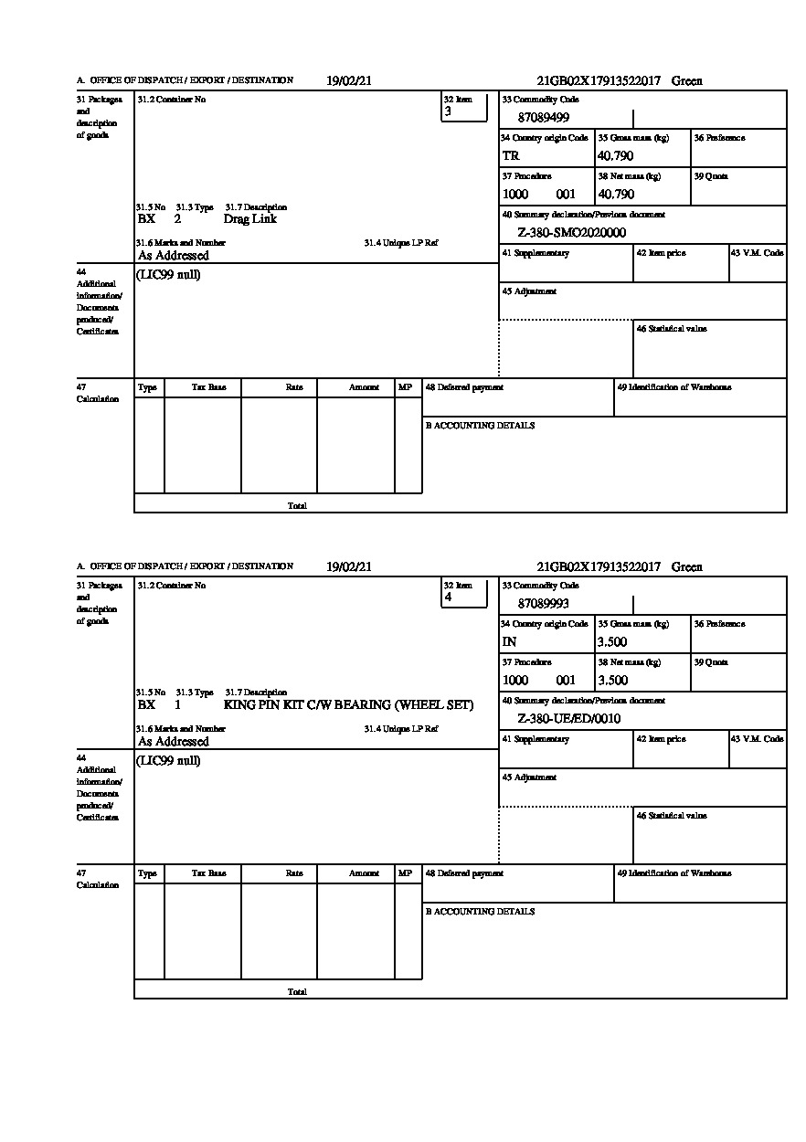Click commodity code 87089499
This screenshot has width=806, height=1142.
(543, 118)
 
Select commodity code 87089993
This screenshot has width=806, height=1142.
(543, 604)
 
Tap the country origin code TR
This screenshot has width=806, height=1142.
(511, 156)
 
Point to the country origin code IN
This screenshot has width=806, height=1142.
(509, 642)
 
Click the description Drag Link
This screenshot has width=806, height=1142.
(249, 219)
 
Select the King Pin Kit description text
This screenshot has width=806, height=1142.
(348, 705)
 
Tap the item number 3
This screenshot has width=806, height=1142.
(448, 112)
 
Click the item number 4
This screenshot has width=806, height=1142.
(448, 598)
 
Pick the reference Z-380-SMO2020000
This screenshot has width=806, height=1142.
(571, 233)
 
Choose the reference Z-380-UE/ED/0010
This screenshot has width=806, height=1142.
(568, 719)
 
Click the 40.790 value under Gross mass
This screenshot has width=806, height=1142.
(615, 156)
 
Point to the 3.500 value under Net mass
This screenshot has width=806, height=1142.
(612, 681)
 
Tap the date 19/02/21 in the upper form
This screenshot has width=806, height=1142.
(349, 81)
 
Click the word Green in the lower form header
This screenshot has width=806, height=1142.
(686, 567)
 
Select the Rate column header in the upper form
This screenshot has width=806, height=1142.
(293, 387)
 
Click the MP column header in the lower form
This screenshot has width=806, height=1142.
(405, 873)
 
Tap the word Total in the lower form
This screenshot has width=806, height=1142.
(297, 992)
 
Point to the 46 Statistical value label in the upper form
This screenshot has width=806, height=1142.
(672, 329)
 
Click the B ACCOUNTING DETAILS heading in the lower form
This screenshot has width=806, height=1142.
(480, 912)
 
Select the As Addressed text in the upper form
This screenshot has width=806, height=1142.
(173, 257)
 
